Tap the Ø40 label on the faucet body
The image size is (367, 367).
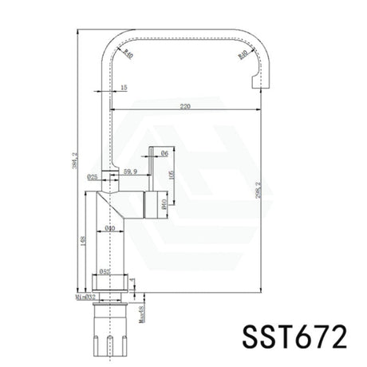pos(110,229)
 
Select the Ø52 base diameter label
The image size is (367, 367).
pos(106,271)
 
